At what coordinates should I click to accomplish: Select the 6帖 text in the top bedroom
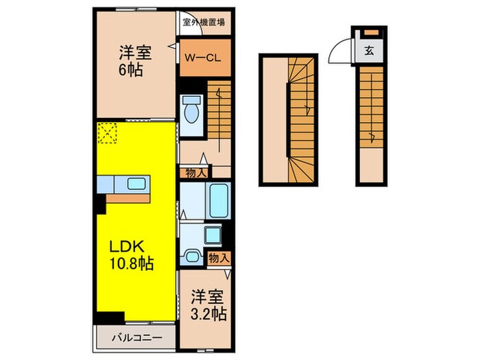130,70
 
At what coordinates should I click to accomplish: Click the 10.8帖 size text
130,263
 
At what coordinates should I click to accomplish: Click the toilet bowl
191,112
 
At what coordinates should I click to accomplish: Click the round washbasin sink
191,257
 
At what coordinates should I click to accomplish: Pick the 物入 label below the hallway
194,173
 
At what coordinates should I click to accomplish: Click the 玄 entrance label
369,49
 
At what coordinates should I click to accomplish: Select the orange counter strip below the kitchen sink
129,197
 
